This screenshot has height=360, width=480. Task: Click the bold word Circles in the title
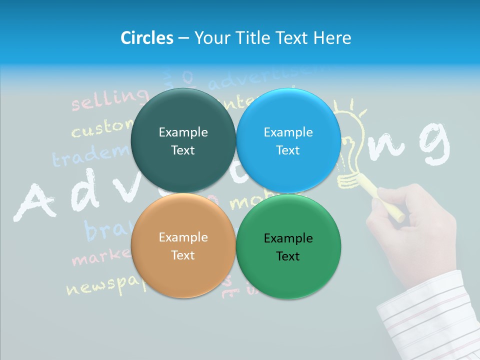point(146,38)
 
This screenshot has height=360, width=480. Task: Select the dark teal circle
point(183,140)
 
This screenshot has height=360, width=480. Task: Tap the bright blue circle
point(288,140)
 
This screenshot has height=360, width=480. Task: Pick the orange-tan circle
point(183,245)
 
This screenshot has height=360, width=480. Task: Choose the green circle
point(288,246)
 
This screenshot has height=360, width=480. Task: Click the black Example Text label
point(288,247)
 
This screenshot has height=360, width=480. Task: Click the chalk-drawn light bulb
point(352,145)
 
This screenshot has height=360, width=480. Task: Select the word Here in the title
point(332,38)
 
